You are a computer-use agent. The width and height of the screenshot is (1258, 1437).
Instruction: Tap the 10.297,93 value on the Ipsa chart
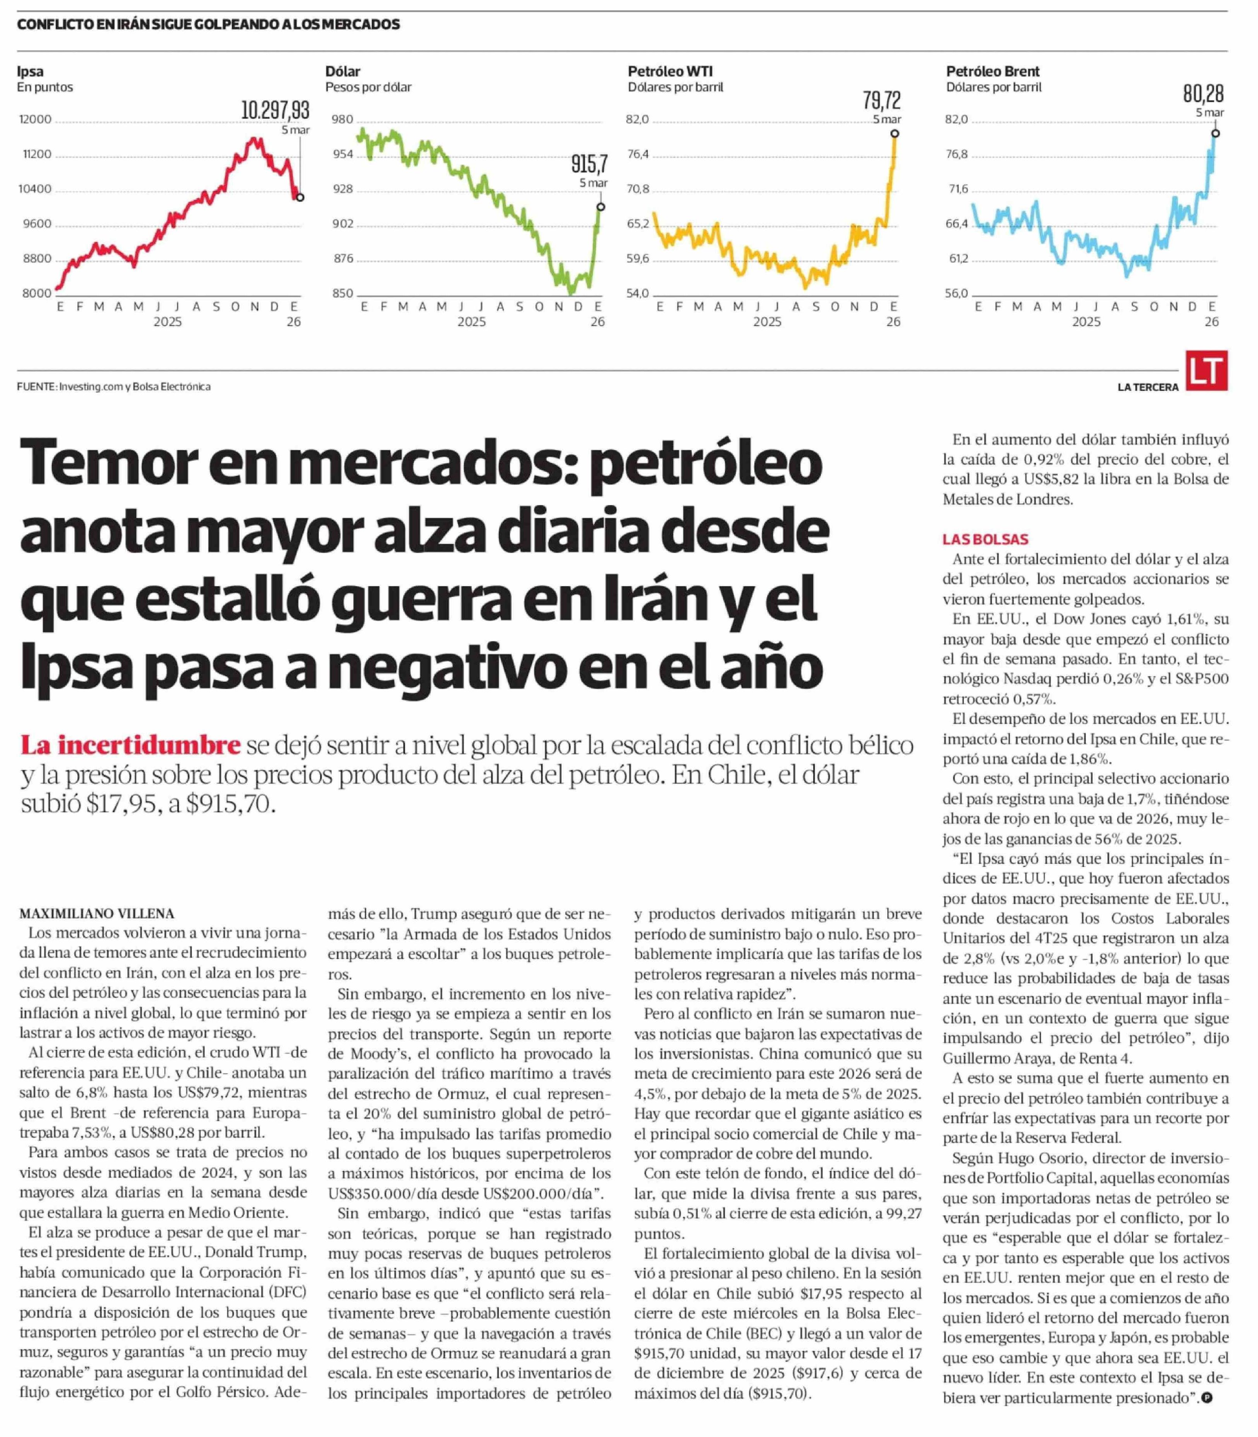[275, 110]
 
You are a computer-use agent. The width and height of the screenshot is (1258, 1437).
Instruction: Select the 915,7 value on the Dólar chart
[588, 164]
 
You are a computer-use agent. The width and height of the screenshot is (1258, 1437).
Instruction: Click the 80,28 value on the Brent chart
[1203, 93]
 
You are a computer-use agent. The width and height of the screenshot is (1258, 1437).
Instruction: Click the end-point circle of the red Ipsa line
[301, 198]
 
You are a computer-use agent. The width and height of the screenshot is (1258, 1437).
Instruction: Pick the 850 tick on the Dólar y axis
[343, 294]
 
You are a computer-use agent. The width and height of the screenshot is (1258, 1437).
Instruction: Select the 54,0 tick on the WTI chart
[637, 294]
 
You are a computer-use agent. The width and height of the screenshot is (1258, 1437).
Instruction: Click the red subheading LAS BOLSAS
[985, 539]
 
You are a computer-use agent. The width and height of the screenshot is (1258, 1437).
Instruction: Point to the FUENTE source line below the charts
[114, 387]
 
